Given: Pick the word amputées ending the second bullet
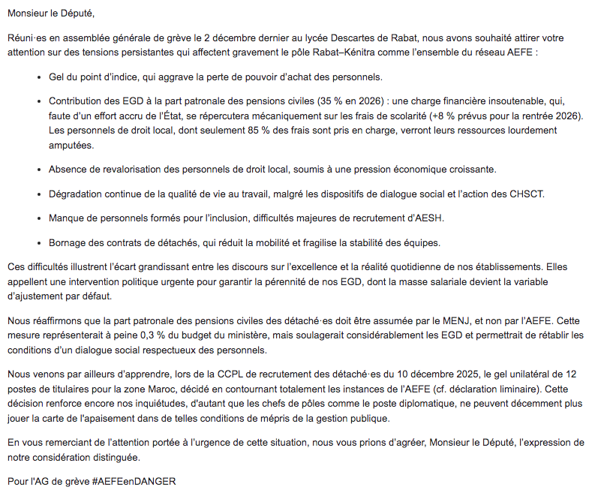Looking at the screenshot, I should [x=71, y=146].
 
